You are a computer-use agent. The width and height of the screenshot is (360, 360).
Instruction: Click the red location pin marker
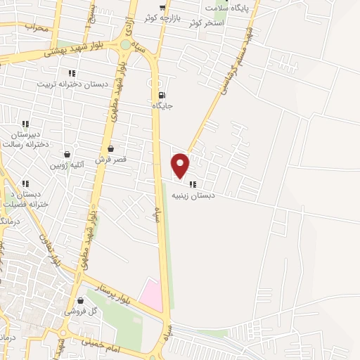tap(181, 165)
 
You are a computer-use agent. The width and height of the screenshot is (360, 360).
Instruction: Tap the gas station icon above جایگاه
tap(162, 96)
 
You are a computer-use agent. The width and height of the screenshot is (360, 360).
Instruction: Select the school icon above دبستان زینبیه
tap(193, 185)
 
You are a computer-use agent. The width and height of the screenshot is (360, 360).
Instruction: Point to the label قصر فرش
tap(111, 160)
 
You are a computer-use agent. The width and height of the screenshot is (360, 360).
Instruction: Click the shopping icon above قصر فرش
tap(111, 149)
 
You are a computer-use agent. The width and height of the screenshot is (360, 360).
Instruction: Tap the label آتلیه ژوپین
tap(67, 165)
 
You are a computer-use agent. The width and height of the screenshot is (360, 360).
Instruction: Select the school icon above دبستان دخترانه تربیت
tap(71, 73)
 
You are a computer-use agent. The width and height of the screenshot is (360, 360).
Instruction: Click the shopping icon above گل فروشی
tap(80, 300)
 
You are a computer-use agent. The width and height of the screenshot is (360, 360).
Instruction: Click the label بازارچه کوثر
tap(159, 15)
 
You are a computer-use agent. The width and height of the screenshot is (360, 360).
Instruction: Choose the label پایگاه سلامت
tap(227, 8)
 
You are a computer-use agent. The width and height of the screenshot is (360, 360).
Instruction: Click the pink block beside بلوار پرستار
tap(150, 294)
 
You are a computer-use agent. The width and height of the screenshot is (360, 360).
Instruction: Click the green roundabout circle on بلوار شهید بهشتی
tap(125, 45)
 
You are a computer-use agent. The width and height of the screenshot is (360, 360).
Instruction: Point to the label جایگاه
tap(162, 106)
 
